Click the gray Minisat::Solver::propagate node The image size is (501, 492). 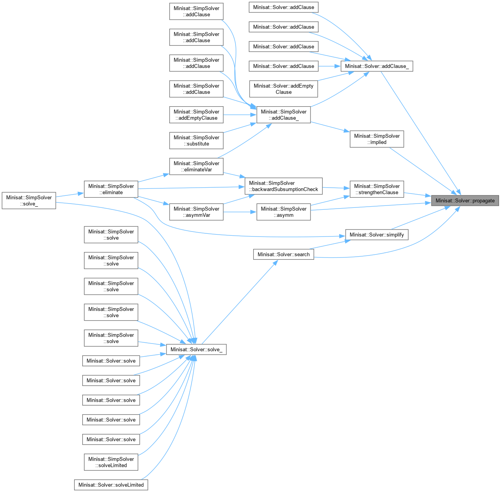click(x=465, y=200)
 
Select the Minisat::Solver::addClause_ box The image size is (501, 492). click(x=376, y=66)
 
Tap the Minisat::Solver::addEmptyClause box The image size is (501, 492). click(x=283, y=89)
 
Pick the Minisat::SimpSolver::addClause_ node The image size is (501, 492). click(x=283, y=115)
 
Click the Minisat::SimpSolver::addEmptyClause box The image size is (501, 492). click(x=196, y=115)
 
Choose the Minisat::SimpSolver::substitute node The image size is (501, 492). click(x=196, y=140)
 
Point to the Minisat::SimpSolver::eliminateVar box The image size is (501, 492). click(x=196, y=166)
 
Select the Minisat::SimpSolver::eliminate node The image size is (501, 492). click(x=111, y=189)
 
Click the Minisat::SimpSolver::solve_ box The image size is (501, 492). click(x=29, y=200)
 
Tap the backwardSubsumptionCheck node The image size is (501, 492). click(x=283, y=186)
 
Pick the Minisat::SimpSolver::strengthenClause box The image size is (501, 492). click(x=376, y=189)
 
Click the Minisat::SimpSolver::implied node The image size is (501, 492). click(x=376, y=139)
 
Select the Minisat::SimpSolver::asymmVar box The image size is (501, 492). click(x=196, y=212)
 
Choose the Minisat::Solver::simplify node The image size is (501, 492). click(x=376, y=235)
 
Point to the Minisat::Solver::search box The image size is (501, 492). click(x=283, y=254)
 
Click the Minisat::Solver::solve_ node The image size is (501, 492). click(x=196, y=349)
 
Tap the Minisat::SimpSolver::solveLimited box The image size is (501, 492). click(x=111, y=462)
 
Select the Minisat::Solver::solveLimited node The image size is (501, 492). click(x=111, y=485)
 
